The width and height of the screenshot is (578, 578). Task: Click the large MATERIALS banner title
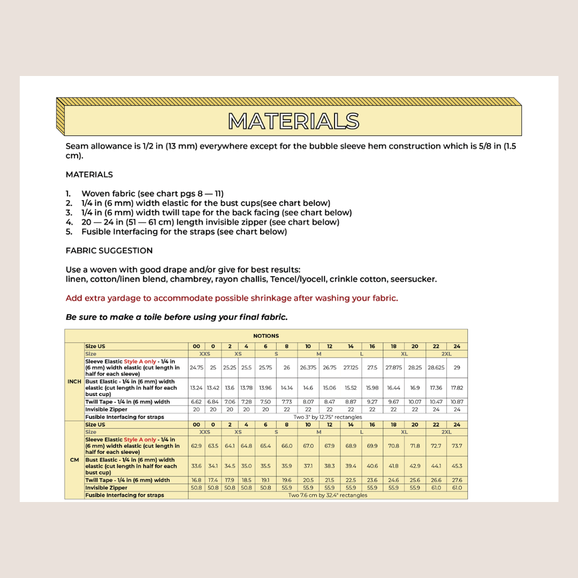tap(293, 121)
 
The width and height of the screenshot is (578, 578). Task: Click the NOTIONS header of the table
tap(266, 336)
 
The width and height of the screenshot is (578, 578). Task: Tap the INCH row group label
tap(74, 382)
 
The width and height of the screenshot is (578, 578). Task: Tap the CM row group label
tap(74, 460)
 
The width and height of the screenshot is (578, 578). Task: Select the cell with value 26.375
tap(308, 368)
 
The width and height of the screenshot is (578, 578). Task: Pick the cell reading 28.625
tap(436, 368)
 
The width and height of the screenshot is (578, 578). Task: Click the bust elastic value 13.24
tap(196, 388)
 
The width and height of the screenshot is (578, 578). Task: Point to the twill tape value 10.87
tap(457, 402)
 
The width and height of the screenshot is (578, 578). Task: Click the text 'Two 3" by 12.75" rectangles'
tap(328, 417)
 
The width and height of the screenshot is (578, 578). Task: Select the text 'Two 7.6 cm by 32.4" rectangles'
tap(328, 496)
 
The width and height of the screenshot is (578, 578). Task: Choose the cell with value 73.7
tap(457, 446)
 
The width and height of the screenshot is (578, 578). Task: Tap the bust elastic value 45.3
tap(457, 466)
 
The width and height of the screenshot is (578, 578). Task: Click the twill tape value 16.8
tap(196, 481)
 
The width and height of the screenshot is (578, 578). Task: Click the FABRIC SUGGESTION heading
tap(109, 250)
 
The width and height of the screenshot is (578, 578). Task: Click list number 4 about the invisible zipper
tap(69, 222)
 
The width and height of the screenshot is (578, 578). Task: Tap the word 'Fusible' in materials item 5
tap(95, 232)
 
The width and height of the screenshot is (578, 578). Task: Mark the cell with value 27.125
tap(351, 368)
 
